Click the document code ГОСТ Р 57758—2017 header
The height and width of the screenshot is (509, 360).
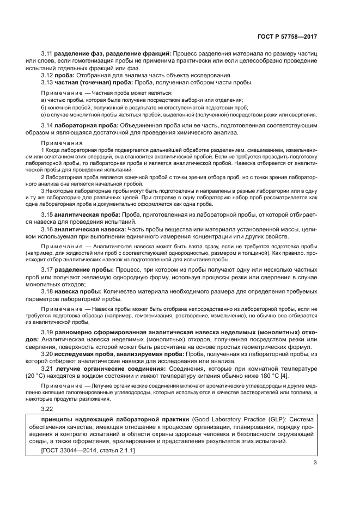click(x=286, y=36)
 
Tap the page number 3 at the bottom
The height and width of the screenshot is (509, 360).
click(x=315, y=463)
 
